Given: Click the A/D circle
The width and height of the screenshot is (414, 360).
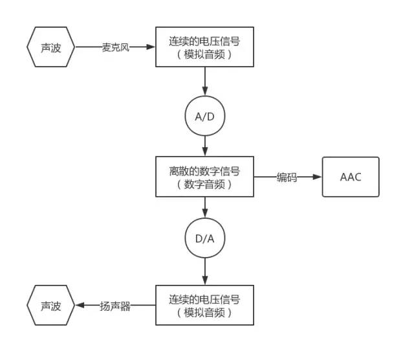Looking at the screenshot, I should tap(204, 117).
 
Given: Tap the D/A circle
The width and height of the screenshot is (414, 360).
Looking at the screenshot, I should tap(204, 238).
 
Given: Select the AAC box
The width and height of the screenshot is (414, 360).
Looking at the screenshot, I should tap(351, 177).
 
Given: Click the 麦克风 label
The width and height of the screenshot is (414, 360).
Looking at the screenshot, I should tap(116, 47).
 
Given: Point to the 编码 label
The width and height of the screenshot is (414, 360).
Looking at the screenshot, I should tap(287, 177).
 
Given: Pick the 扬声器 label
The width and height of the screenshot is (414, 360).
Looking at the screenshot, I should tap(116, 306).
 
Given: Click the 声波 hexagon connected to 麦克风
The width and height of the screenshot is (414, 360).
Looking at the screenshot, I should tap(51, 47).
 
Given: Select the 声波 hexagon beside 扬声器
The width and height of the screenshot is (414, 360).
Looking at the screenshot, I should tap(51, 306).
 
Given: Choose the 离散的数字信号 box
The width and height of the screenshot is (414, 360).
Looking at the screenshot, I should tap(204, 177).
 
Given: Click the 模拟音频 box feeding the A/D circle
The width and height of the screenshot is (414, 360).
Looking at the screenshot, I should tap(204, 47).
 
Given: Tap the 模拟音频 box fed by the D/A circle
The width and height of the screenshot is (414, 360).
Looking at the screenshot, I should tap(204, 306).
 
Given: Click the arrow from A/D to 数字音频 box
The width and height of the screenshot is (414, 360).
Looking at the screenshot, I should tap(204, 145).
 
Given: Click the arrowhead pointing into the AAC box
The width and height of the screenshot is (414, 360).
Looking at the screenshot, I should tap(318, 177).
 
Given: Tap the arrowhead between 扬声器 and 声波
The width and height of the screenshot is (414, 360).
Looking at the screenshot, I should tap(80, 306).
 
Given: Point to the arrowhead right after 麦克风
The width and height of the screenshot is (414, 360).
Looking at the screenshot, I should tap(151, 47).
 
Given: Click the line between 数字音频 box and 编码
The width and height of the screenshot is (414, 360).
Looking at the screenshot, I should tap(265, 177).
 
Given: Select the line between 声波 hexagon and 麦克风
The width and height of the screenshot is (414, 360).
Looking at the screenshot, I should tap(88, 47).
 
